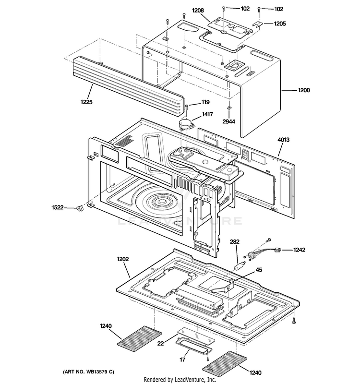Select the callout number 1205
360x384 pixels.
(x=280, y=23)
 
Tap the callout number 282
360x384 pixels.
(x=235, y=242)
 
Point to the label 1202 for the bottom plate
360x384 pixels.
(x=123, y=259)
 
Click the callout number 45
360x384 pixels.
(x=258, y=270)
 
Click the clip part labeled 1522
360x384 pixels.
(x=81, y=207)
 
